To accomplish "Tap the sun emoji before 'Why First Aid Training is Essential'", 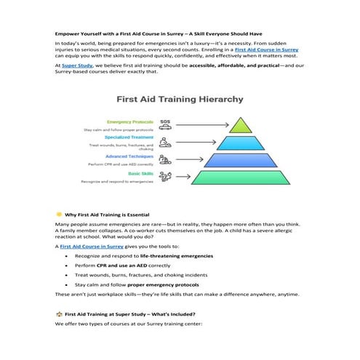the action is pyautogui.click(x=58, y=215).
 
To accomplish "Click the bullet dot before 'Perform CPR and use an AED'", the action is pyautogui.click(x=68, y=266).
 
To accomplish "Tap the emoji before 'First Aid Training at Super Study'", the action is pyautogui.click(x=58, y=313).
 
